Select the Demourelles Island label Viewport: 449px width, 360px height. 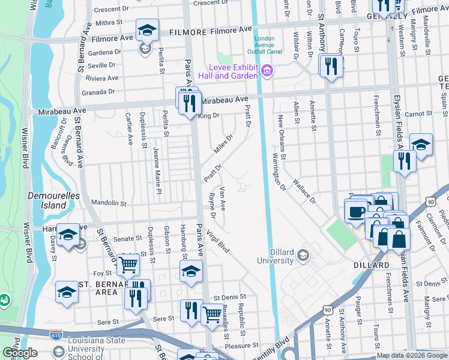[47, 200]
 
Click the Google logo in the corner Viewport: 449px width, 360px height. [20, 353]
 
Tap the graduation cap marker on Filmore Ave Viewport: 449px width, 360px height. [146, 30]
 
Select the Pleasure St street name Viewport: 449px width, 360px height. [241, 345]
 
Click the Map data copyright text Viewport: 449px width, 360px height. [411, 355]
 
